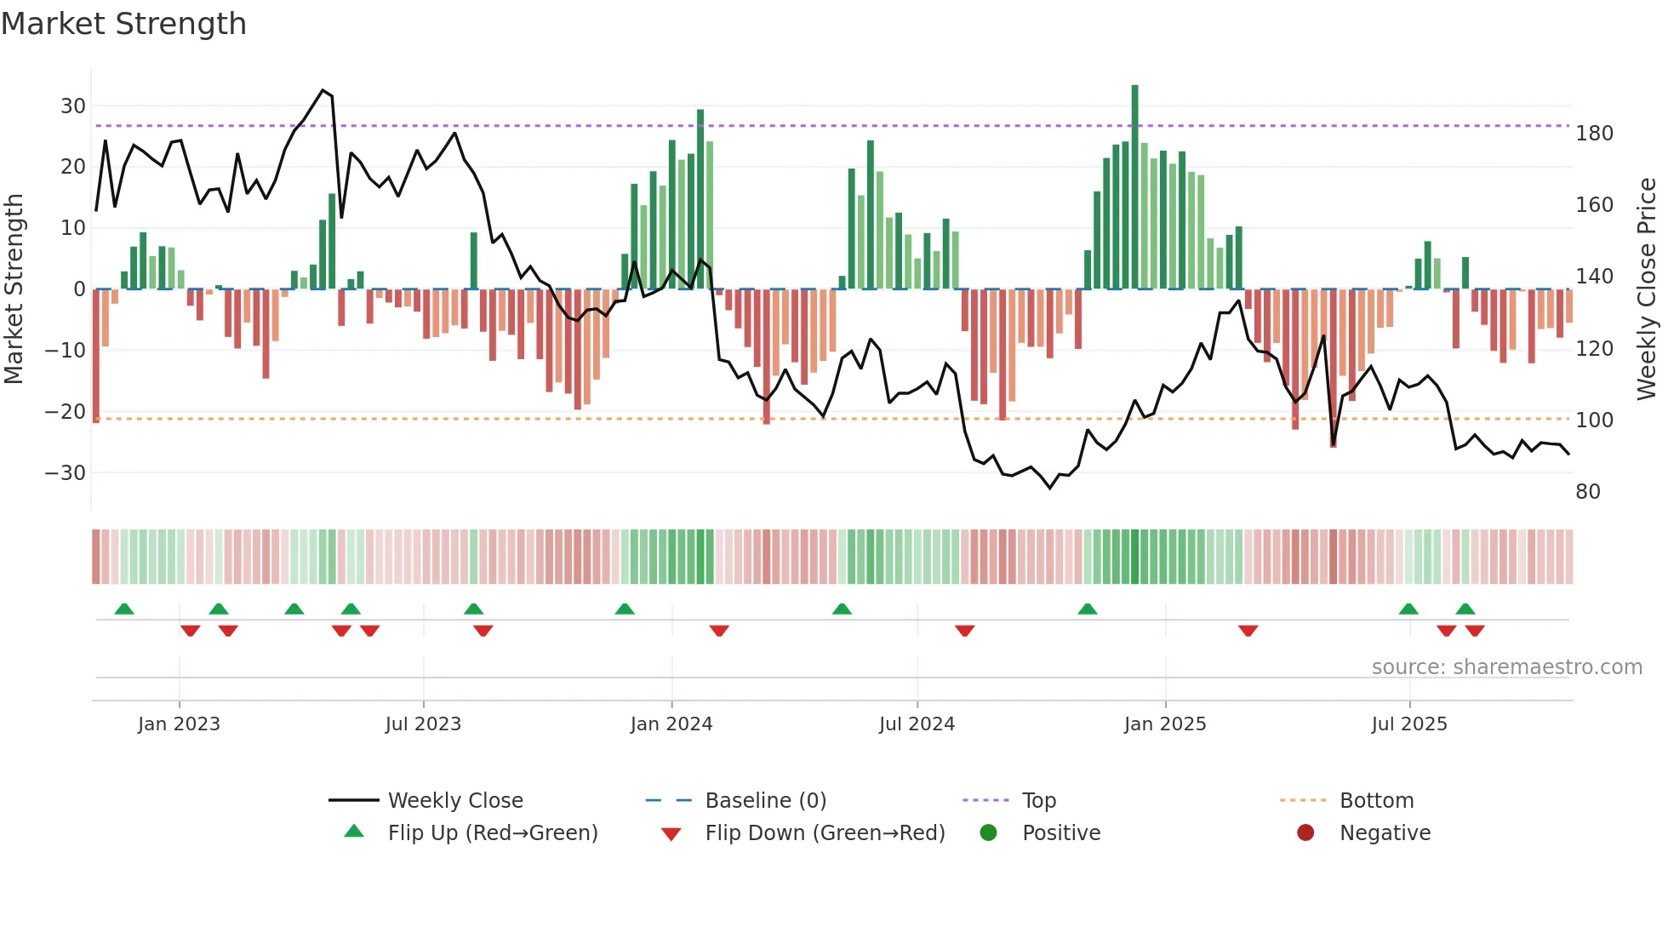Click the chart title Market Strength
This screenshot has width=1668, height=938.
pyautogui.click(x=124, y=24)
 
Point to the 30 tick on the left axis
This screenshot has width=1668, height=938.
pyautogui.click(x=73, y=106)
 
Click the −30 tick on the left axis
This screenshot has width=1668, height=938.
pyautogui.click(x=66, y=472)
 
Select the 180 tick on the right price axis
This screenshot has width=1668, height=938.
pyautogui.click(x=1594, y=134)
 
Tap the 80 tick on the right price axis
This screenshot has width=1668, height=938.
pyautogui.click(x=1588, y=492)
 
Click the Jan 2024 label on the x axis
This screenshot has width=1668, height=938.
pyautogui.click(x=671, y=724)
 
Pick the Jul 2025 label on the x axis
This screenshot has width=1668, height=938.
pyautogui.click(x=1409, y=724)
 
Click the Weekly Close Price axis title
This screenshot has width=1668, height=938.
pyautogui.click(x=1647, y=289)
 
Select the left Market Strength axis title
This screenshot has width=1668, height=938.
pyautogui.click(x=14, y=289)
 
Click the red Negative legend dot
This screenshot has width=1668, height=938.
pyautogui.click(x=1305, y=832)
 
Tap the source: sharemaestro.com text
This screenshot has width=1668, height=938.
pyautogui.click(x=1506, y=667)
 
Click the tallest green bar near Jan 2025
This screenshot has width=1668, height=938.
pyautogui.click(x=1134, y=187)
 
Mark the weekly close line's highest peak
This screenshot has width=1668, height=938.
pyautogui.click(x=323, y=90)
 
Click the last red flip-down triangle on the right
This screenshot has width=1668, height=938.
pyautogui.click(x=1475, y=631)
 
